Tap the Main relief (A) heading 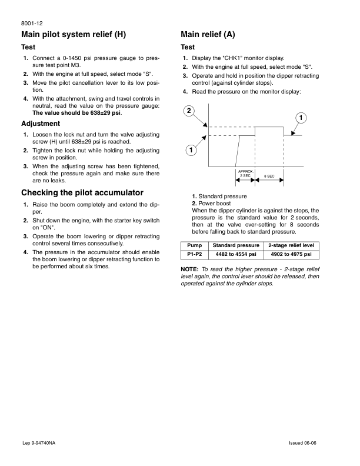(208, 34)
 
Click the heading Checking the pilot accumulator (82, 192)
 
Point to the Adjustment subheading (41, 124)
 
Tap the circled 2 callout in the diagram (188, 111)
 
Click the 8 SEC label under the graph (269, 177)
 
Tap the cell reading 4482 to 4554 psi (235, 254)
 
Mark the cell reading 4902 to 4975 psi (292, 254)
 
